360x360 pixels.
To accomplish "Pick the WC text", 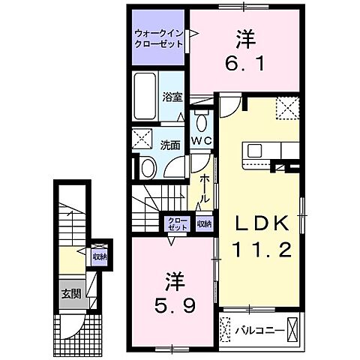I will (200, 140).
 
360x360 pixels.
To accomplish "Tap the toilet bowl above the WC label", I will (201, 122).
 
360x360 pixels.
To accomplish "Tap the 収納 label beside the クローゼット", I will (202, 223).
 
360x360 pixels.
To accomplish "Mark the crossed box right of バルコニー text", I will (292, 328).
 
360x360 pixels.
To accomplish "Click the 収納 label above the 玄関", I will (98, 257).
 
